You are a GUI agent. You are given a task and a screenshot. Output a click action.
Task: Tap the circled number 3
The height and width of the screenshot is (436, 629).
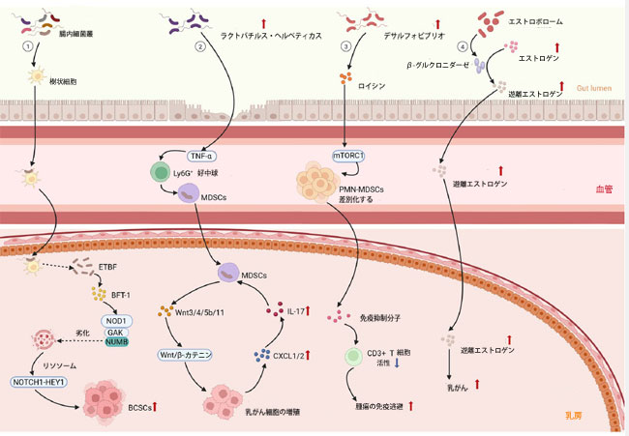pos(345,46)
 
